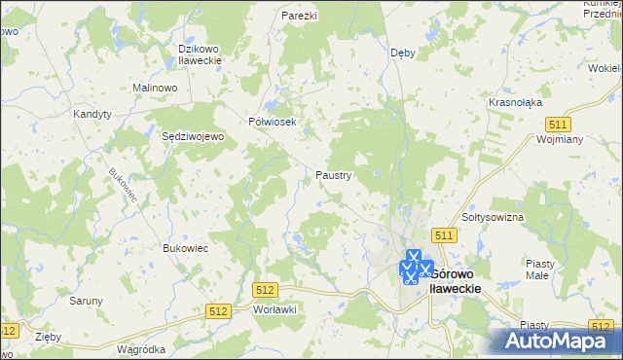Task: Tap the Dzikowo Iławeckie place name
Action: click(201, 54)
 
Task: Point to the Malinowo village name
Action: click(154, 88)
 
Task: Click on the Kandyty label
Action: click(92, 114)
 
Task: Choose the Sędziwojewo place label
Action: click(193, 137)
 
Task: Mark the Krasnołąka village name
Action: click(515, 102)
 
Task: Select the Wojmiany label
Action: click(559, 139)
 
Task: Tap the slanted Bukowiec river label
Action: click(124, 185)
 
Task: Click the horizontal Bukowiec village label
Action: click(186, 248)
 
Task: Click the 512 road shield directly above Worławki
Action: click(265, 290)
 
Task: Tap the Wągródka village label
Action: click(140, 348)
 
